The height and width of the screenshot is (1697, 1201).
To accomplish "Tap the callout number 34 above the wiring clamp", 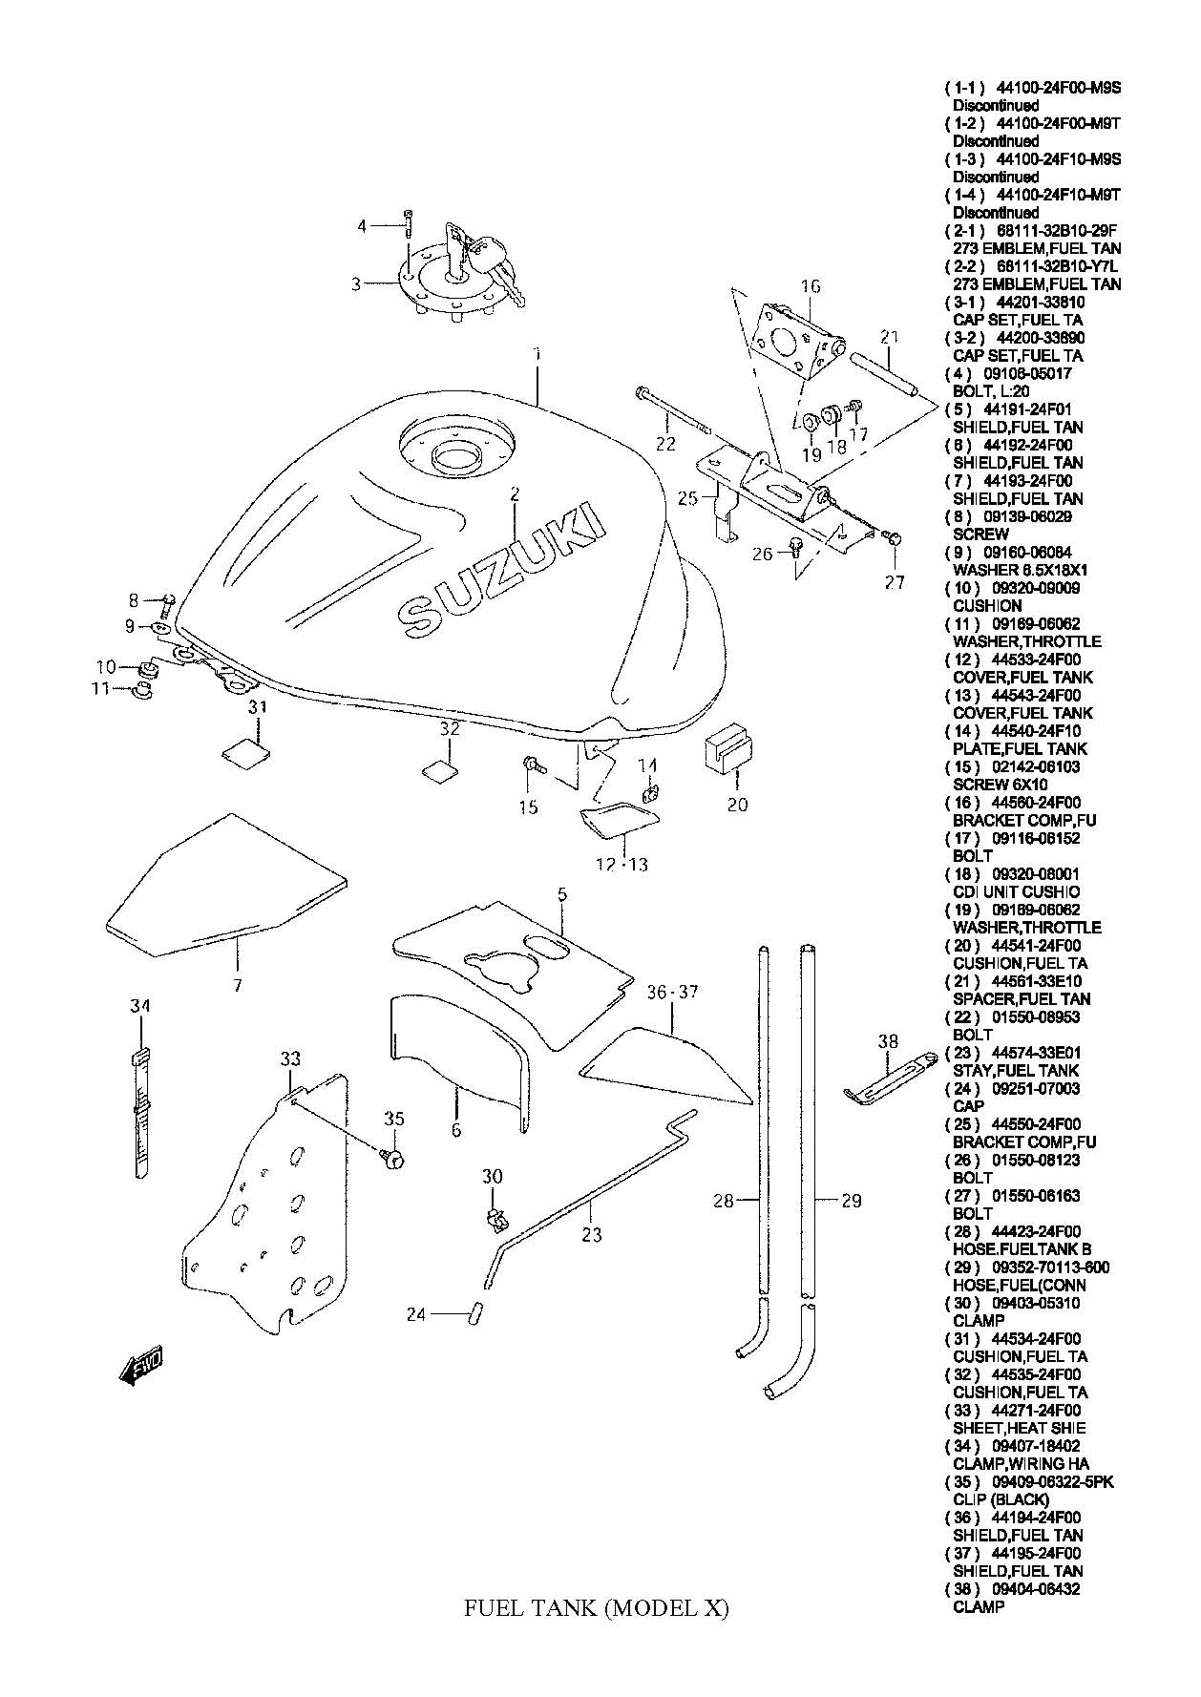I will click(x=140, y=1006).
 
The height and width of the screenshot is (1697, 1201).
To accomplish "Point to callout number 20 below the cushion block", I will click(x=737, y=805).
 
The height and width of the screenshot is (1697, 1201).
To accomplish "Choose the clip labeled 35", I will click(x=392, y=1158).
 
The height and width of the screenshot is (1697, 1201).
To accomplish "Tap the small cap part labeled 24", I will click(x=472, y=1313).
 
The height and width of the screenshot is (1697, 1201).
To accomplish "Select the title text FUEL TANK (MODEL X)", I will click(x=596, y=1608).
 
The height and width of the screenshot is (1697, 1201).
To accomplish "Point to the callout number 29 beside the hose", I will click(x=852, y=1201).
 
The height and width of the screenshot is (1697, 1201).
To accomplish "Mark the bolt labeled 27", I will click(x=893, y=539).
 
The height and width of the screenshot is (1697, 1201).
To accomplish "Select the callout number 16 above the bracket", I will click(x=811, y=286).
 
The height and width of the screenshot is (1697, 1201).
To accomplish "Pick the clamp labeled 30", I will click(x=494, y=1219).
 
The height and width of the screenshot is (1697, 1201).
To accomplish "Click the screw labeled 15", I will click(x=531, y=765).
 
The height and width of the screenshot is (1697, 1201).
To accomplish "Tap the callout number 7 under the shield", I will click(x=237, y=984).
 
